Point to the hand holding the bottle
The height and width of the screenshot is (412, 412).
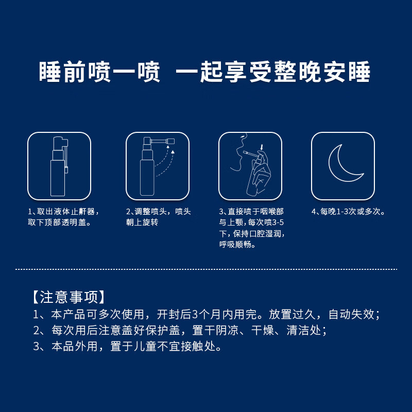coord(260,175)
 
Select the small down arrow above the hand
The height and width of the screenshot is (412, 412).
coord(262,147)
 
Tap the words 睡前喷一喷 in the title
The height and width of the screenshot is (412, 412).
coord(99,73)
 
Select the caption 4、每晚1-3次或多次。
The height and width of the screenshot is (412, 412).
coord(349,212)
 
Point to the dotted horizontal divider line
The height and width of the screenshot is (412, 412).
coord(206,269)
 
